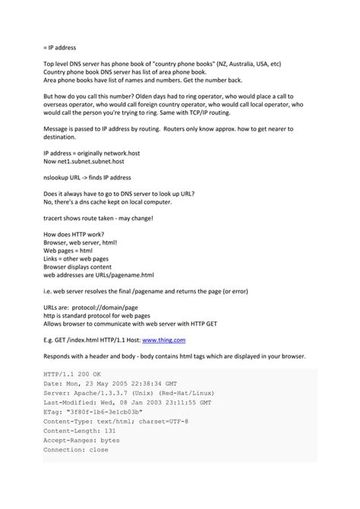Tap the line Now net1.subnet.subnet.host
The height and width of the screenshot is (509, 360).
[x=84, y=162]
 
